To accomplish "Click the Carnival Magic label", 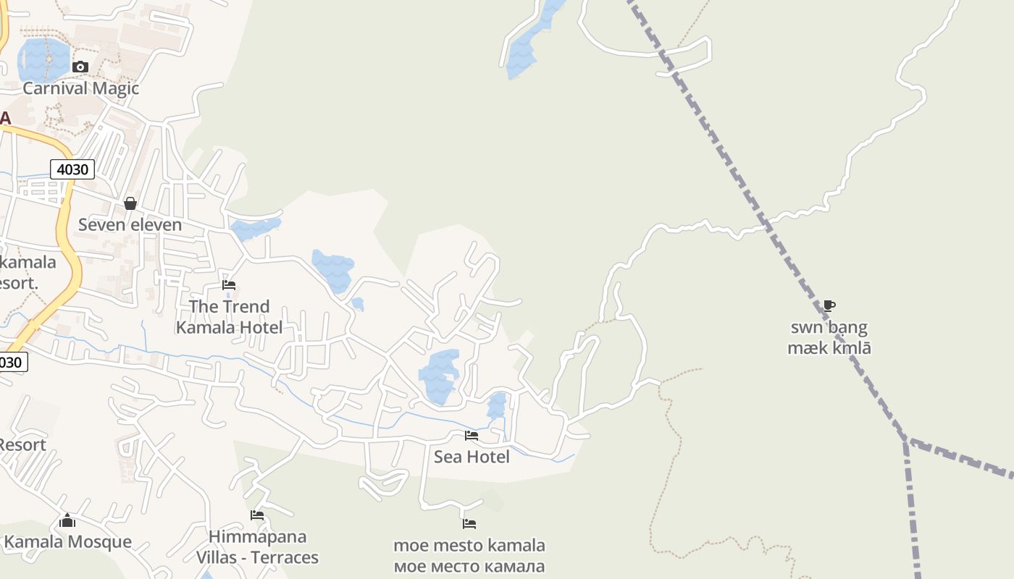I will pos(80,88).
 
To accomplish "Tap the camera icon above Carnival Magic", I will pos(80,67).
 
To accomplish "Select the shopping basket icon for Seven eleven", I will pos(130,203).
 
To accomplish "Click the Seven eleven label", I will pos(130,224).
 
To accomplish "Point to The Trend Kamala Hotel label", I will pos(229,317).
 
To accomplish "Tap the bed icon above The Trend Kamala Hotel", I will pos(229,284).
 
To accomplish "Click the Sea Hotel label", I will pos(472,457).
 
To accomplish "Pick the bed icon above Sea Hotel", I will pos(472,435).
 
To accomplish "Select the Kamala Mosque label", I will pos(68,541).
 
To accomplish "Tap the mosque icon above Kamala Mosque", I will pos(67,520).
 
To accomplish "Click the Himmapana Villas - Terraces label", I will pos(257,547).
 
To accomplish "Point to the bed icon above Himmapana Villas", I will pos(257,515).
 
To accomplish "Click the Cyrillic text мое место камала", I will pos(469,566).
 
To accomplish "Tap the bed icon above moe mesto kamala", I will pos(469,523).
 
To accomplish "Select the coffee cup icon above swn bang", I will pos(829,305).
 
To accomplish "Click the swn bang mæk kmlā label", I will pos(829,337).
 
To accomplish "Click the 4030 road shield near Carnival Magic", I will pos(72,169).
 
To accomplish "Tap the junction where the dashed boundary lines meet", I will pos(905,439).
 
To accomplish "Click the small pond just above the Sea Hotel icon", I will pos(496,405).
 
